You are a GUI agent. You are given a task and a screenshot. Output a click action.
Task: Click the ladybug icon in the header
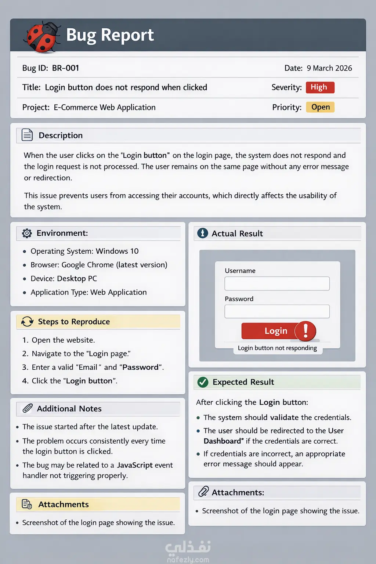(x=41, y=37)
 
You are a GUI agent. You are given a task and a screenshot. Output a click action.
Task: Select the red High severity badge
(x=320, y=87)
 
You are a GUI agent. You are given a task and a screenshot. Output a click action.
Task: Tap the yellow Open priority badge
(x=320, y=107)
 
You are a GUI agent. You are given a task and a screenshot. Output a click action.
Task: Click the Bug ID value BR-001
(x=65, y=68)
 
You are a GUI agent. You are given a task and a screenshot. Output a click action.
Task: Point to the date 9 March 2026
(x=329, y=68)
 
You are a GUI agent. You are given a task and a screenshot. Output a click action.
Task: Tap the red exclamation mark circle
(x=305, y=331)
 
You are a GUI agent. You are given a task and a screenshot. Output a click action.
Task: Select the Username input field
(x=277, y=283)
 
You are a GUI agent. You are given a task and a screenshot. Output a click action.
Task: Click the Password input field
(x=277, y=311)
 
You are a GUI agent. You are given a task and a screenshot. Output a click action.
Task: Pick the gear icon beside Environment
(x=27, y=233)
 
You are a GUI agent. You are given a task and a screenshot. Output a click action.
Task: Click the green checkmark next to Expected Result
(x=203, y=382)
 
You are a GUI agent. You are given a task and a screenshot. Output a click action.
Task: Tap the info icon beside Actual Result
(x=203, y=233)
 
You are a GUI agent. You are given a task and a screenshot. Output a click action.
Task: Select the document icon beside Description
(x=27, y=135)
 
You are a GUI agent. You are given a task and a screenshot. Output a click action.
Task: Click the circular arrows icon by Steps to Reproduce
(x=27, y=322)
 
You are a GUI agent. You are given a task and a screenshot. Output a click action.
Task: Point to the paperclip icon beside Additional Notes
(x=28, y=408)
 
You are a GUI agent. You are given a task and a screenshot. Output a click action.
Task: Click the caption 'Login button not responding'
(x=277, y=348)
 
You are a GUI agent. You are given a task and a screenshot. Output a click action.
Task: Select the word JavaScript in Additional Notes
(x=135, y=465)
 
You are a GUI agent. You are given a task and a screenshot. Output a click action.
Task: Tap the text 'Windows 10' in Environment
(x=117, y=251)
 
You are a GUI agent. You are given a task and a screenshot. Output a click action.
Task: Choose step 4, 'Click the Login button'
(x=70, y=381)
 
